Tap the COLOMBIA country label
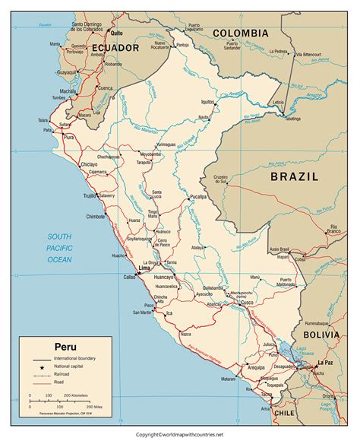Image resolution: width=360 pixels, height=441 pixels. point(240,33)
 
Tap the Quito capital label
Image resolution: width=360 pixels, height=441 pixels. point(115,33)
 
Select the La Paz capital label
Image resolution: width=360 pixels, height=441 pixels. point(326,363)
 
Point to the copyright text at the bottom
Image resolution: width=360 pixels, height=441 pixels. point(179,434)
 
